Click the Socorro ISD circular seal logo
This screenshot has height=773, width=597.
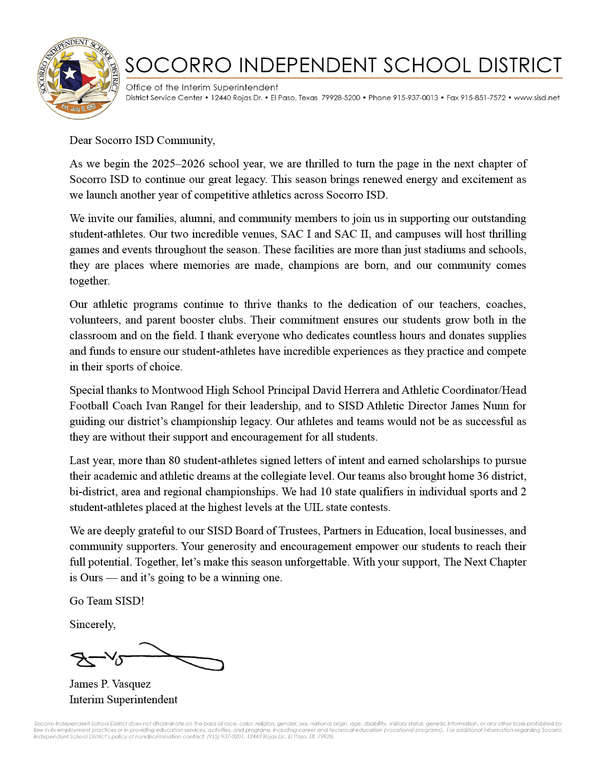click(79, 79)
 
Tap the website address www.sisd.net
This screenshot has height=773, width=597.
click(537, 98)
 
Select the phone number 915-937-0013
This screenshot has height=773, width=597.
click(415, 98)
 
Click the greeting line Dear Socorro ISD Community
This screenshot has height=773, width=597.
click(142, 141)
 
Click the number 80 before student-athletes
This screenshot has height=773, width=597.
click(174, 461)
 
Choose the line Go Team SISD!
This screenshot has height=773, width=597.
click(106, 601)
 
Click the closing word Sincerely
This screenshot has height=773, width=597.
click(92, 625)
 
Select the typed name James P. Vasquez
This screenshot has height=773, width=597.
click(110, 684)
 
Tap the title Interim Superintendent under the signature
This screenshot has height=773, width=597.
click(123, 700)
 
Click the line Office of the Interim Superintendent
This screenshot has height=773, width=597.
click(202, 87)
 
